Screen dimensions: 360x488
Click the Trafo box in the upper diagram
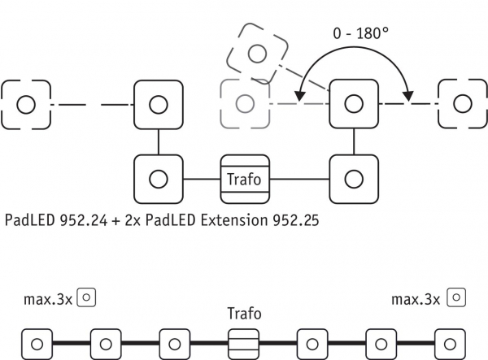(x=245, y=178)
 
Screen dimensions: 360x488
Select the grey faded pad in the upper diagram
(x=244, y=104)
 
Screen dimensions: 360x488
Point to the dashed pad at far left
(x=25, y=104)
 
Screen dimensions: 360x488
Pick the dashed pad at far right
(x=462, y=104)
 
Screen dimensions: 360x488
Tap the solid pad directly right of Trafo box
(x=354, y=178)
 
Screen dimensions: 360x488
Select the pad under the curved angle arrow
(x=354, y=104)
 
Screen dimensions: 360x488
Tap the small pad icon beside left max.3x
(x=89, y=297)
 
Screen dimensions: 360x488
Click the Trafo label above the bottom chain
(x=245, y=312)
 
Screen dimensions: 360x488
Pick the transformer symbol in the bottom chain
(x=245, y=340)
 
